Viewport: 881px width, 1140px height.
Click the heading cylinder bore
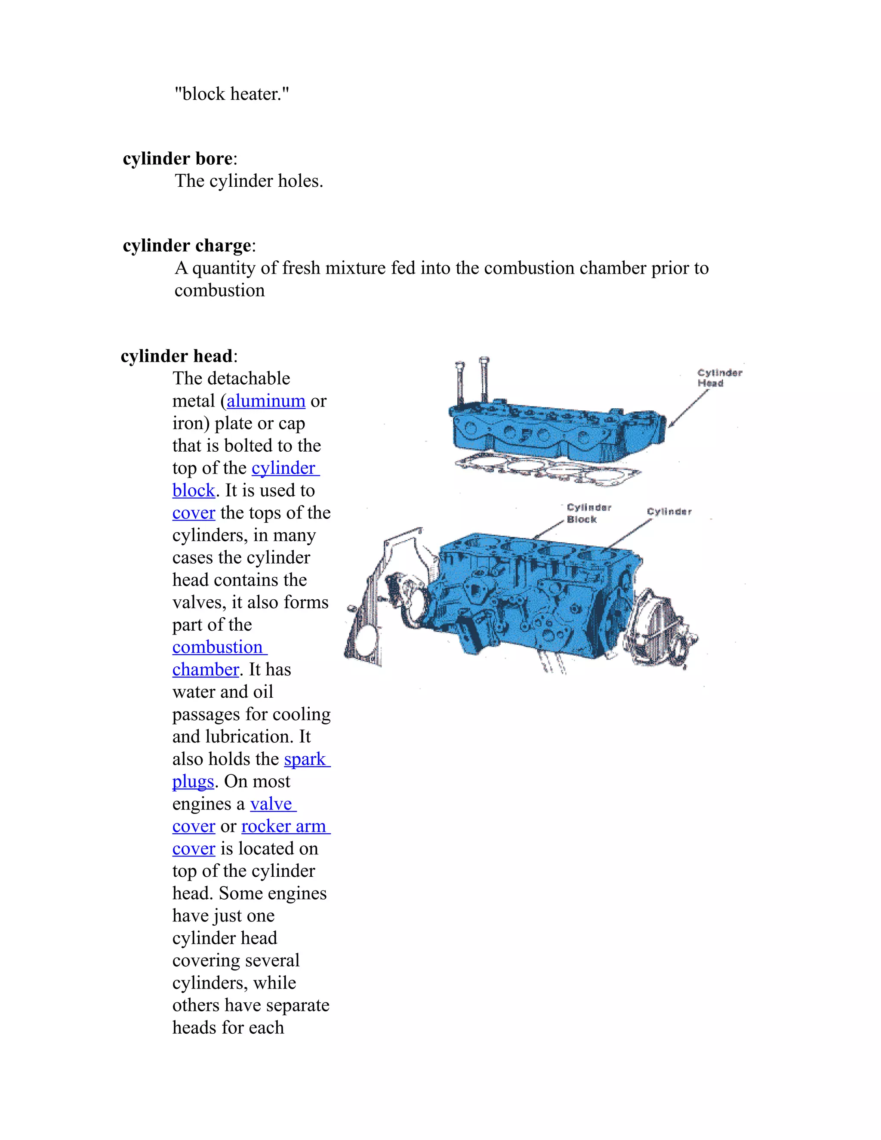click(178, 159)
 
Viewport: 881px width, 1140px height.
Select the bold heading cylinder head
click(176, 357)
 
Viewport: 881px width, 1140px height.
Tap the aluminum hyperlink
click(266, 401)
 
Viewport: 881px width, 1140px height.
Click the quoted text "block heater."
click(231, 94)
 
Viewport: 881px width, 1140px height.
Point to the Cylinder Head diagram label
click(719, 378)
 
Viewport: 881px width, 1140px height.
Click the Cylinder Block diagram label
click(588, 513)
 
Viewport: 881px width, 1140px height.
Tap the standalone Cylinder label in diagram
click(668, 512)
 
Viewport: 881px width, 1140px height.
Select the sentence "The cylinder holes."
click(249, 181)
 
